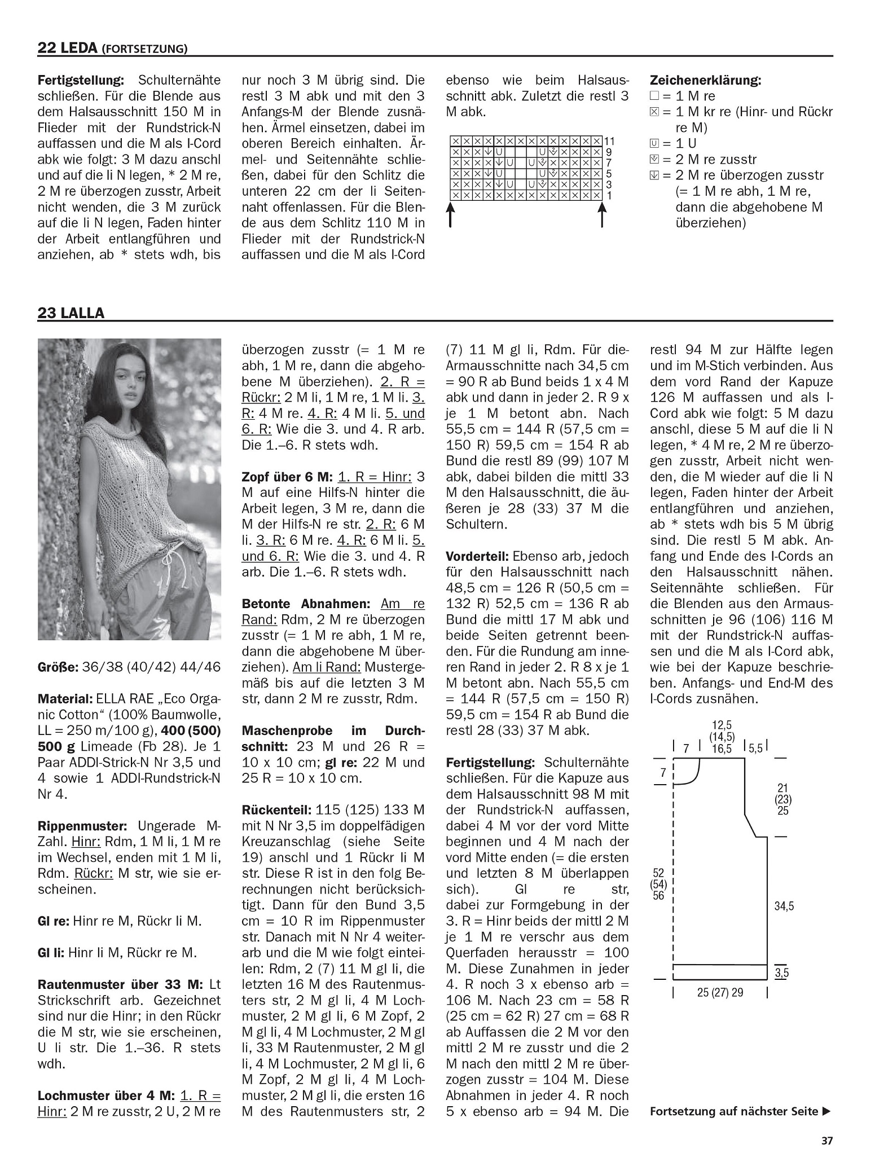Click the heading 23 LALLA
point(71,313)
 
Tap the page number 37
point(826,1139)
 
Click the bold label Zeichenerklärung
point(705,80)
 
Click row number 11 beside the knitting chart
point(609,141)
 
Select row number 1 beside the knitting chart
point(608,196)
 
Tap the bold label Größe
point(57,667)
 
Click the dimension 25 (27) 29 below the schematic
point(720,992)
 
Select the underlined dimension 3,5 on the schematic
point(781,973)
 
